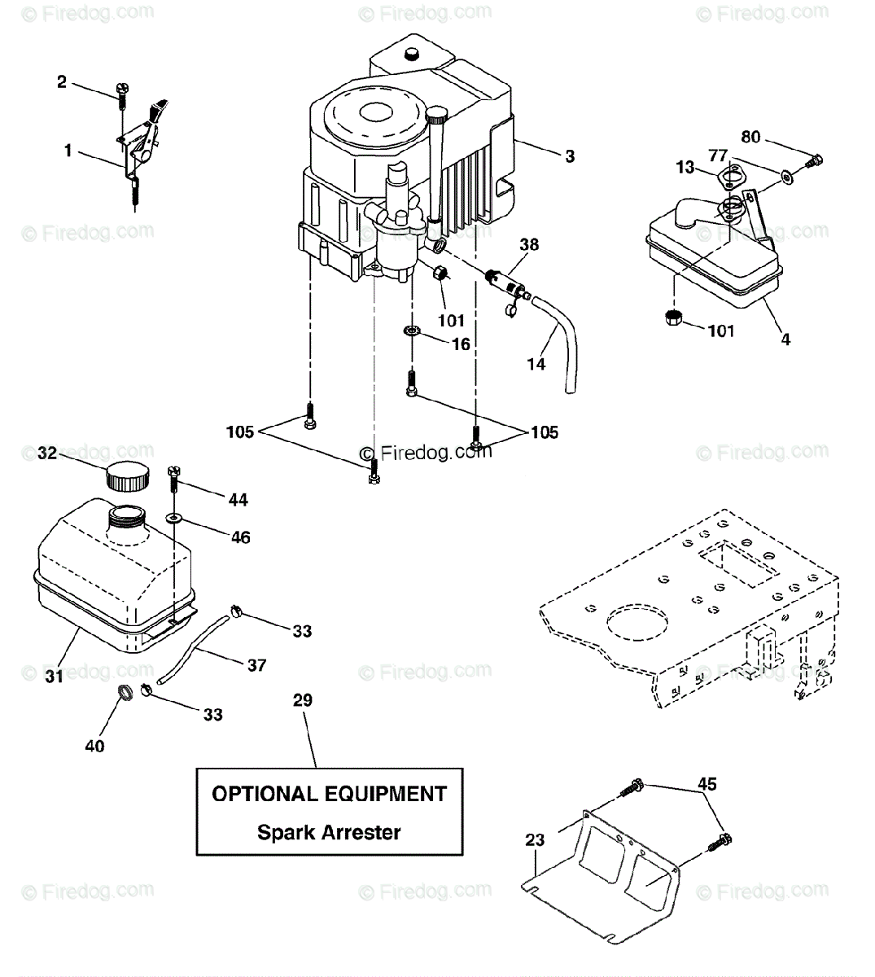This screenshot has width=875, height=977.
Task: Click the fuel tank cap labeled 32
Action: click(127, 476)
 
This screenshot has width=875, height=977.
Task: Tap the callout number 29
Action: click(303, 699)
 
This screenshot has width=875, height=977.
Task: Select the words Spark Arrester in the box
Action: click(329, 832)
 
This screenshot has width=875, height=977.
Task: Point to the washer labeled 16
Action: click(411, 331)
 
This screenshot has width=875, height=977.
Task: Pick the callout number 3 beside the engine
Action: click(570, 156)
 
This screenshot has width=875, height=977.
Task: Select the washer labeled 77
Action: click(787, 177)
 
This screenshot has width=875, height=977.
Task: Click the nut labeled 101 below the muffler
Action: click(673, 318)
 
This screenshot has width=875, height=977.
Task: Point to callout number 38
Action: click(529, 244)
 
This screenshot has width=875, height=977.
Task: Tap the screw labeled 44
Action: click(173, 479)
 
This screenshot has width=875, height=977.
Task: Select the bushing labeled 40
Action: click(125, 692)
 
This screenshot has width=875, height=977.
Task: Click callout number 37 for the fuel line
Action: click(257, 665)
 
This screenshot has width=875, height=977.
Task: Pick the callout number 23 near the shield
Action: click(535, 839)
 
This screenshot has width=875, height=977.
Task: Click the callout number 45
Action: click(707, 783)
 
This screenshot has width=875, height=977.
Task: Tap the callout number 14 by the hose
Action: click(536, 364)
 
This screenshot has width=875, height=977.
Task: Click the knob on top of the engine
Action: click(412, 54)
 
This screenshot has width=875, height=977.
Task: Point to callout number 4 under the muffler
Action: click(785, 340)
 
